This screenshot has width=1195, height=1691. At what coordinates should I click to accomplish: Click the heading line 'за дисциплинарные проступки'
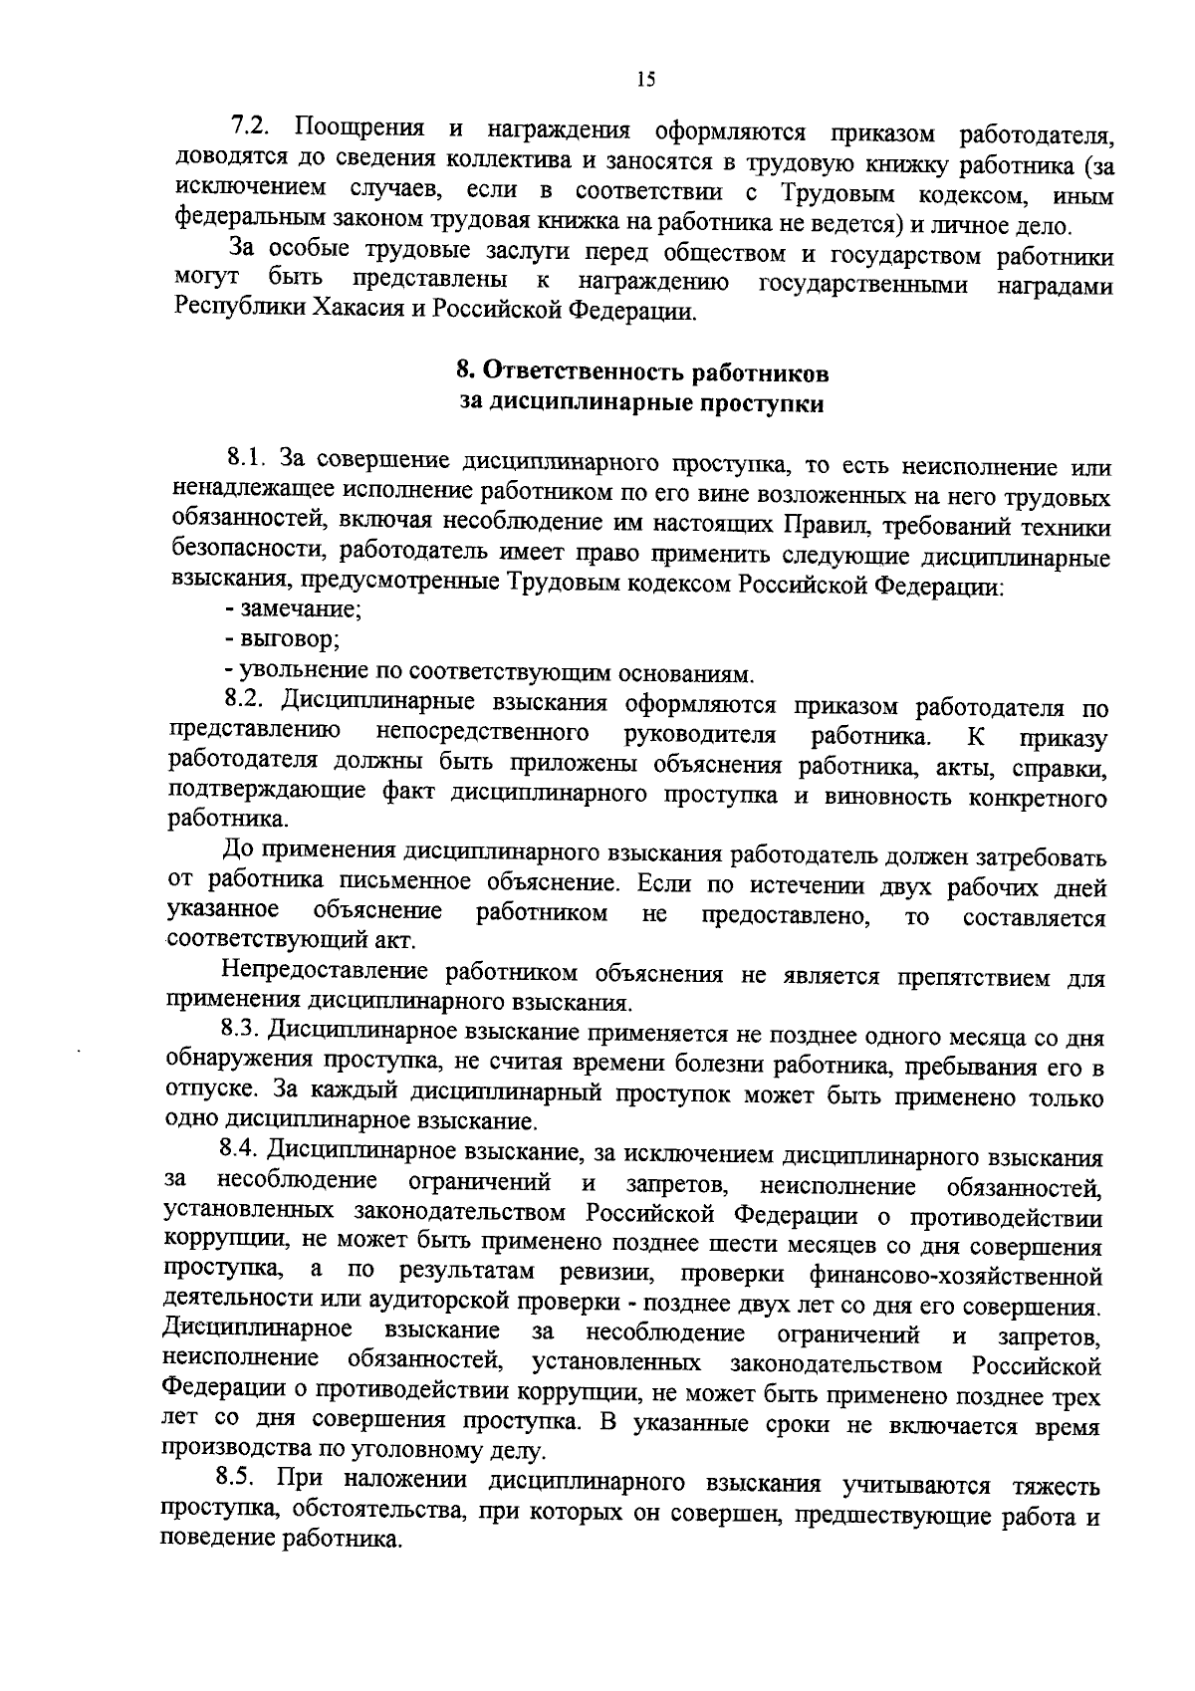pos(641,403)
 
